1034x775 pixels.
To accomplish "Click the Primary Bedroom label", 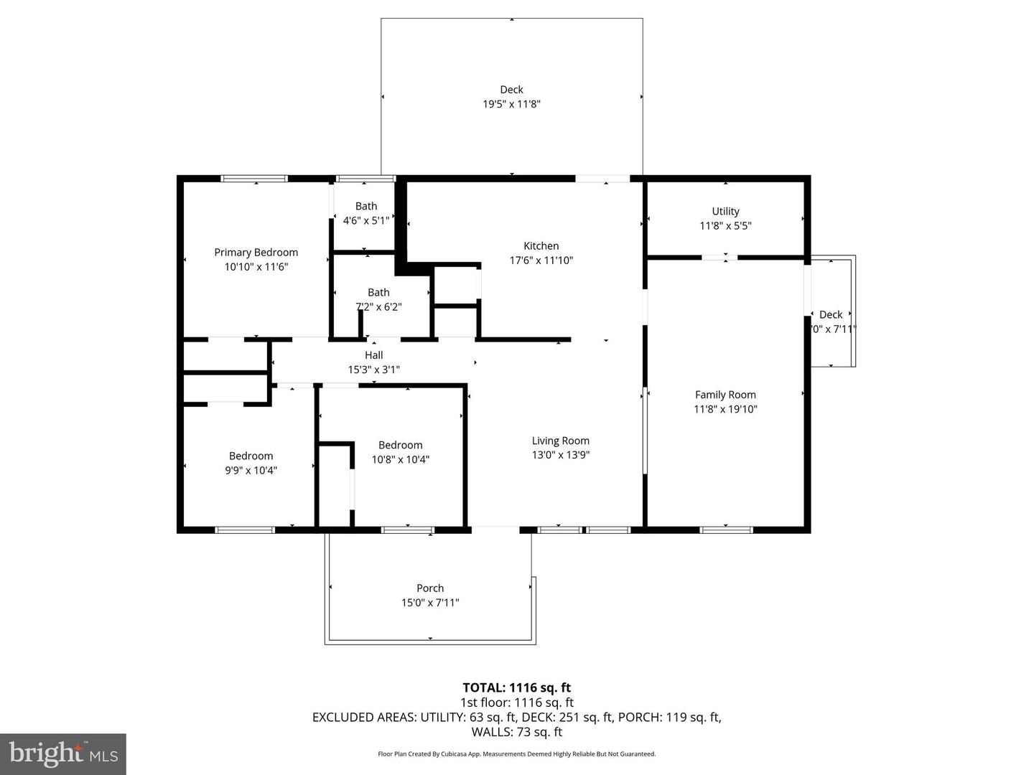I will pyautogui.click(x=256, y=252).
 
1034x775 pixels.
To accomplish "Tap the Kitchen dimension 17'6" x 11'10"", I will pyautogui.click(x=541, y=260).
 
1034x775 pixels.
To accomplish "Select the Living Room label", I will pyautogui.click(x=560, y=441).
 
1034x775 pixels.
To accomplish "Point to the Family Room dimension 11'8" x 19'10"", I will pyautogui.click(x=725, y=409).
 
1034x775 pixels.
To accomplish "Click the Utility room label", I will pyautogui.click(x=725, y=211).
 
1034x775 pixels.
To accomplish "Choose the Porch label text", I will pyautogui.click(x=430, y=588).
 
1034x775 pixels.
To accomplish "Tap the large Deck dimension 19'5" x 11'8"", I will pyautogui.click(x=511, y=104).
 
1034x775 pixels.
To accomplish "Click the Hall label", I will pyautogui.click(x=373, y=355).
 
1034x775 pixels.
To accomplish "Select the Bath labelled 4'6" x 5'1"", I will pyautogui.click(x=365, y=213).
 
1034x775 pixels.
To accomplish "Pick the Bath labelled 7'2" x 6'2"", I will pyautogui.click(x=378, y=299).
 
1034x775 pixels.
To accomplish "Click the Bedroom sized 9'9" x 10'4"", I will pyautogui.click(x=251, y=463).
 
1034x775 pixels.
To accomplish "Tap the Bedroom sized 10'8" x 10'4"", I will pyautogui.click(x=400, y=452).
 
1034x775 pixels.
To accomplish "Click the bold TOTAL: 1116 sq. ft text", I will pyautogui.click(x=516, y=687).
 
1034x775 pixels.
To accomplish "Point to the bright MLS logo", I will pyautogui.click(x=63, y=753).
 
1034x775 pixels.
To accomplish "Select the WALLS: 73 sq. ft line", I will pyautogui.click(x=516, y=732).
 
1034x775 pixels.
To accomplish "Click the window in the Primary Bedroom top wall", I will pyautogui.click(x=254, y=178).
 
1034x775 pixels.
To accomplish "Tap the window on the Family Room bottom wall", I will pyautogui.click(x=726, y=530).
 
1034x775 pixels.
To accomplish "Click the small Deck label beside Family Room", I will pyautogui.click(x=831, y=314).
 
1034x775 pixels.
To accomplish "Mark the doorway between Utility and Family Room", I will pyautogui.click(x=719, y=257).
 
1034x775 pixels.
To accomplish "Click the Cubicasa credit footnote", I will pyautogui.click(x=516, y=754).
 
